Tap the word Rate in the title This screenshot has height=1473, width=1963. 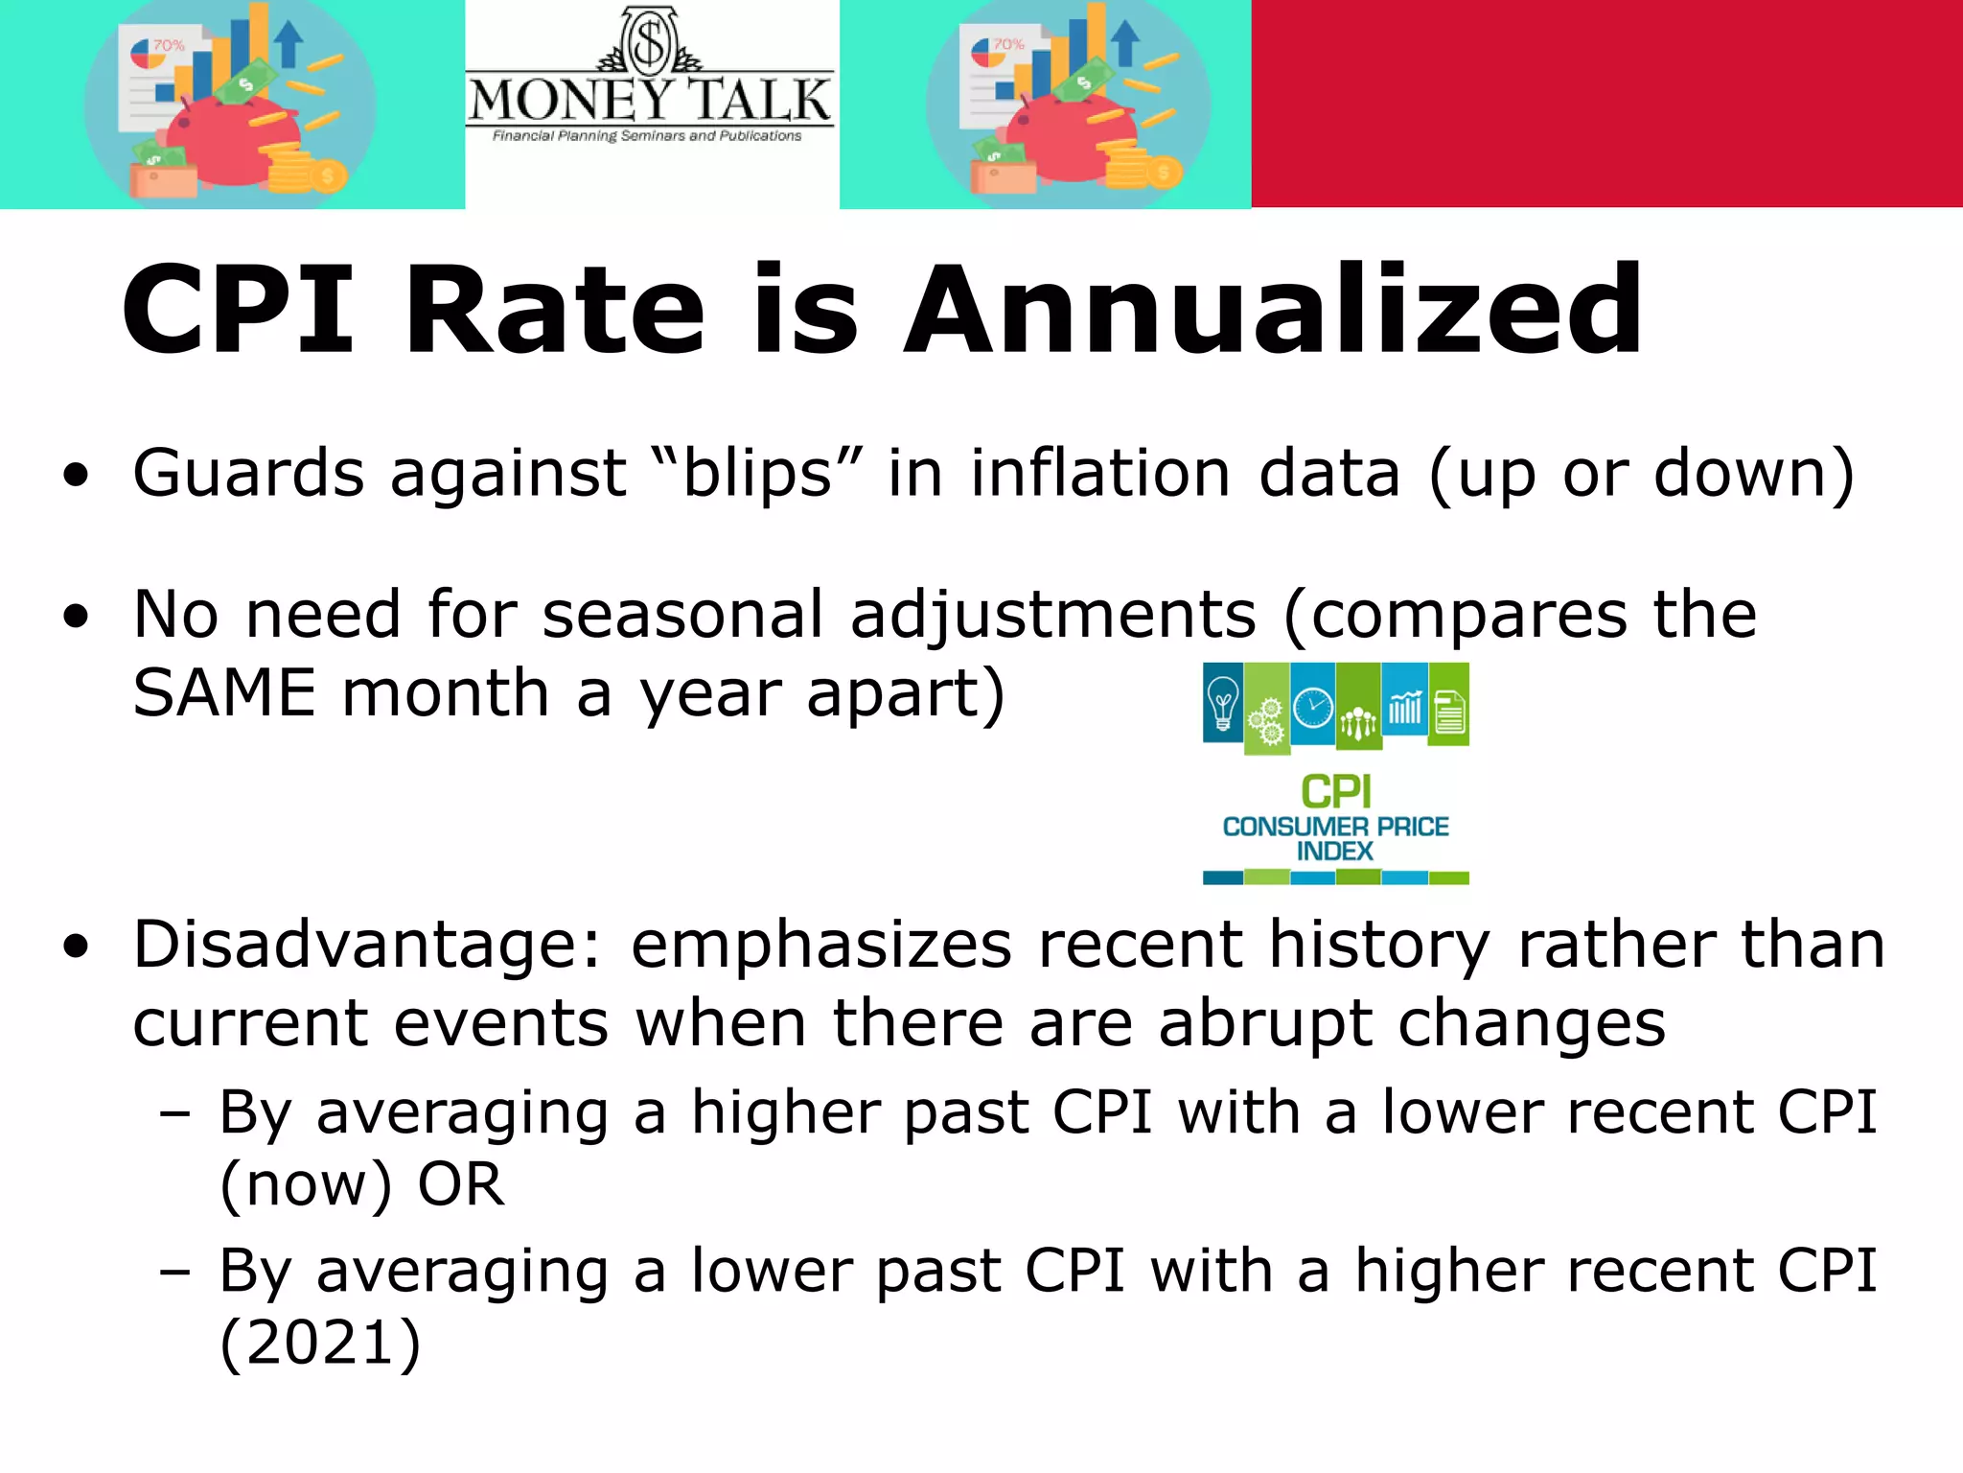coord(554,311)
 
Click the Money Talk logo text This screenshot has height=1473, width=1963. coord(650,101)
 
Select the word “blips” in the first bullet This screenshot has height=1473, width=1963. coord(756,474)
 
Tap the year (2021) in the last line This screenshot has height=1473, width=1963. coord(320,1342)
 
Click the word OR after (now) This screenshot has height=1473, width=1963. coord(460,1184)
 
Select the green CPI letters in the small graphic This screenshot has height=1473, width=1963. coord(1335,792)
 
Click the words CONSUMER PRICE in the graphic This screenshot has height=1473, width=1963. coord(1335,827)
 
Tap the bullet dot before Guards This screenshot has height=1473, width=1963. coord(76,475)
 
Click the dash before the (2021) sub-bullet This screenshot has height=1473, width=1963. coord(175,1273)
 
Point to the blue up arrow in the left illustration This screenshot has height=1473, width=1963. coord(288,43)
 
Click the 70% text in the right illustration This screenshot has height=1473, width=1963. coord(1008,44)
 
